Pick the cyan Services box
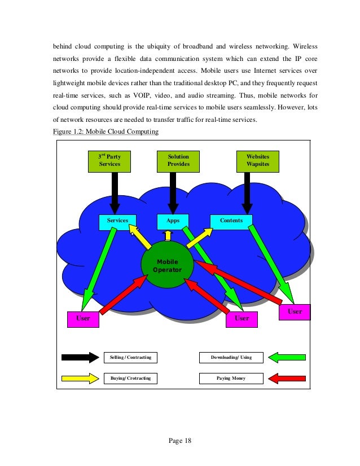pos(118,221)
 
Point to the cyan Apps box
pos(173,221)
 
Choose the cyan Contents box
pos(231,221)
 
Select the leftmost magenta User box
pos(83,319)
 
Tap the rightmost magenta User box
pos(295,311)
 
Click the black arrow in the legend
pos(80,357)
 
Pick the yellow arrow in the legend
pos(80,377)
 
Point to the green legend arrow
pos(287,357)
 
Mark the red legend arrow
pos(287,377)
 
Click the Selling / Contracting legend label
pos(130,357)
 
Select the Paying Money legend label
pos(231,377)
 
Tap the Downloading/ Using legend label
pos(231,357)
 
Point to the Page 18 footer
pos(180,441)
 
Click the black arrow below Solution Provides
pos(173,192)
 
